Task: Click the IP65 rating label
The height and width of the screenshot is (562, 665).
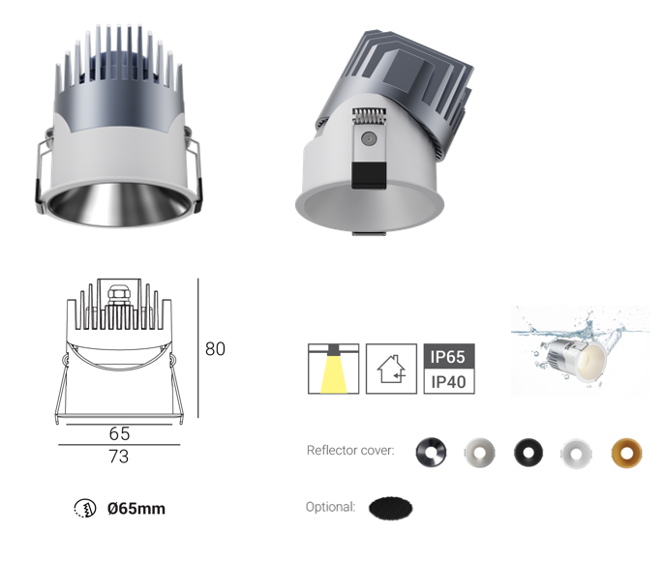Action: click(449, 356)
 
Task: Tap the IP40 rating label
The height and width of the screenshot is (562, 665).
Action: click(449, 382)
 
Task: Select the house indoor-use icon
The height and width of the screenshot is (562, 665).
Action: click(391, 369)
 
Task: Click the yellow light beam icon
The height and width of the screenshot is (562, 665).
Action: click(333, 369)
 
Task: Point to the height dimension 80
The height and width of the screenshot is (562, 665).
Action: click(215, 349)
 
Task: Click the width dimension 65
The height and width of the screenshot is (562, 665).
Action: click(119, 433)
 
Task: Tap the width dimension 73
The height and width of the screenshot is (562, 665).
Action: click(119, 457)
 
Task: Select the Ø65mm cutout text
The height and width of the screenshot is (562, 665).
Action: click(136, 508)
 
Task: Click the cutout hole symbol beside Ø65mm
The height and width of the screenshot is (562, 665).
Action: click(85, 508)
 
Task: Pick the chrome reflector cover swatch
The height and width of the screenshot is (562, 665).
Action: click(431, 453)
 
